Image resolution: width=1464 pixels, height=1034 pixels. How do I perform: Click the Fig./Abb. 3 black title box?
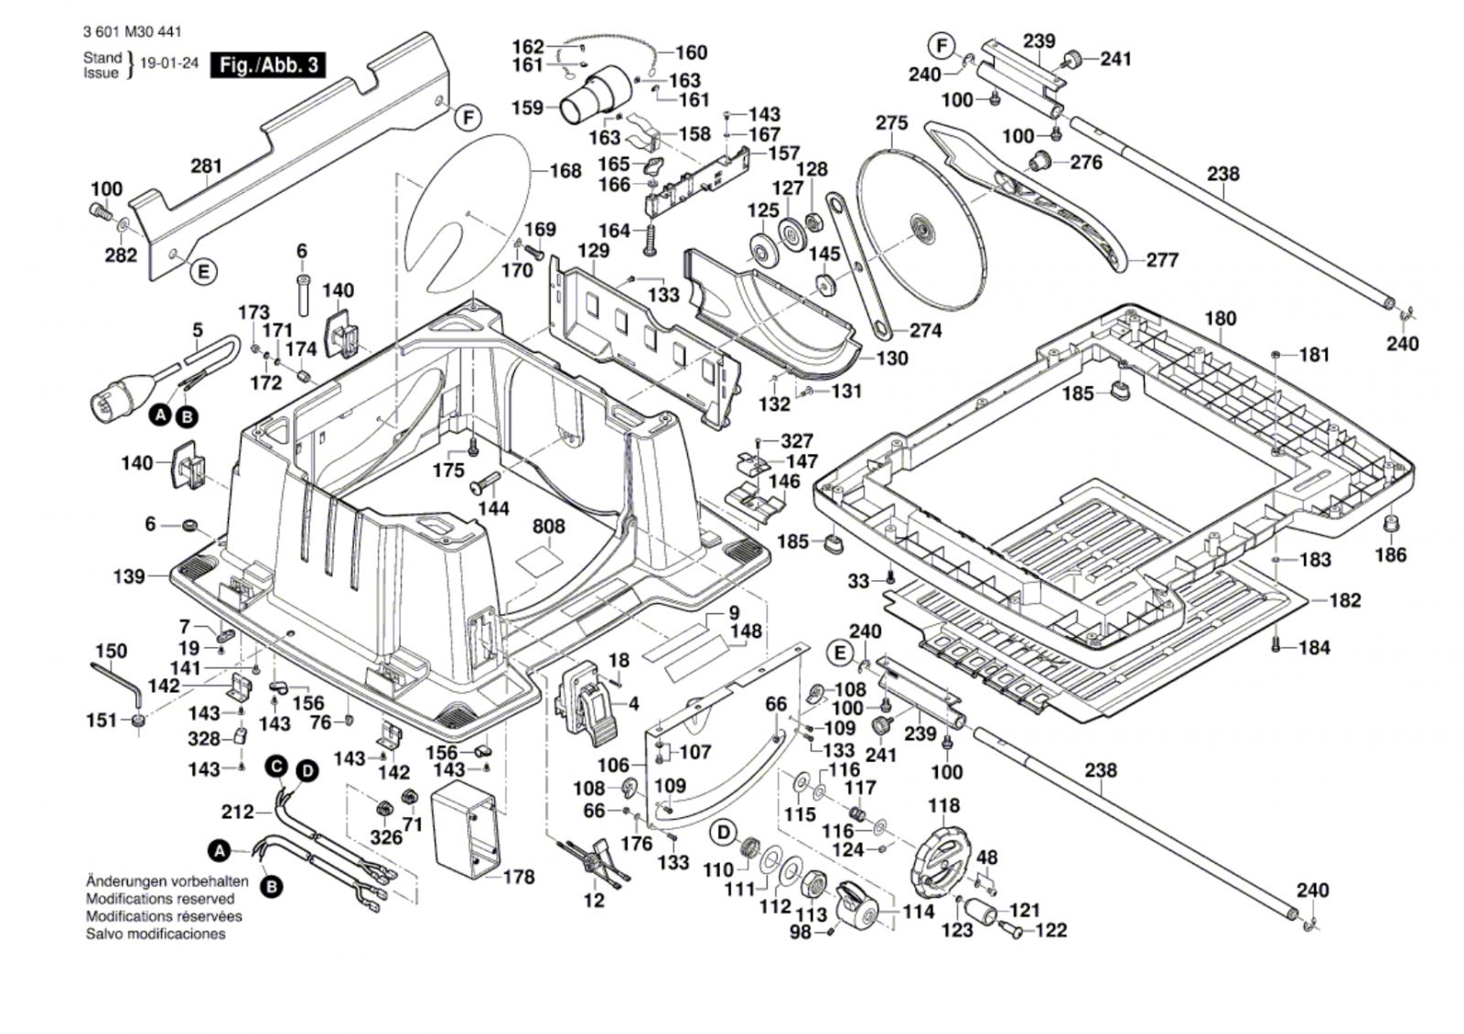(x=268, y=65)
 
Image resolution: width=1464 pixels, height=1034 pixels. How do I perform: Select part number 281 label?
(x=206, y=167)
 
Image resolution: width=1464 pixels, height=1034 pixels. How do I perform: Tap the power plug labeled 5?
(x=114, y=394)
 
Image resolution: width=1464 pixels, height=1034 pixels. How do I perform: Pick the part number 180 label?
(x=1221, y=318)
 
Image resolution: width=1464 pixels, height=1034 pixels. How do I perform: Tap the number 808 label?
(x=549, y=527)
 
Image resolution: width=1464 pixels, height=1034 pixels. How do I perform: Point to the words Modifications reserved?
(x=160, y=899)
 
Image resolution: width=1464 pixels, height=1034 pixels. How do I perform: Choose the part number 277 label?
(x=1162, y=260)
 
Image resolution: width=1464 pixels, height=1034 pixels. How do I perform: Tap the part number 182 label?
(x=1344, y=600)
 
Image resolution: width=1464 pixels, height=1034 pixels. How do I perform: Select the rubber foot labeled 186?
(x=1391, y=525)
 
